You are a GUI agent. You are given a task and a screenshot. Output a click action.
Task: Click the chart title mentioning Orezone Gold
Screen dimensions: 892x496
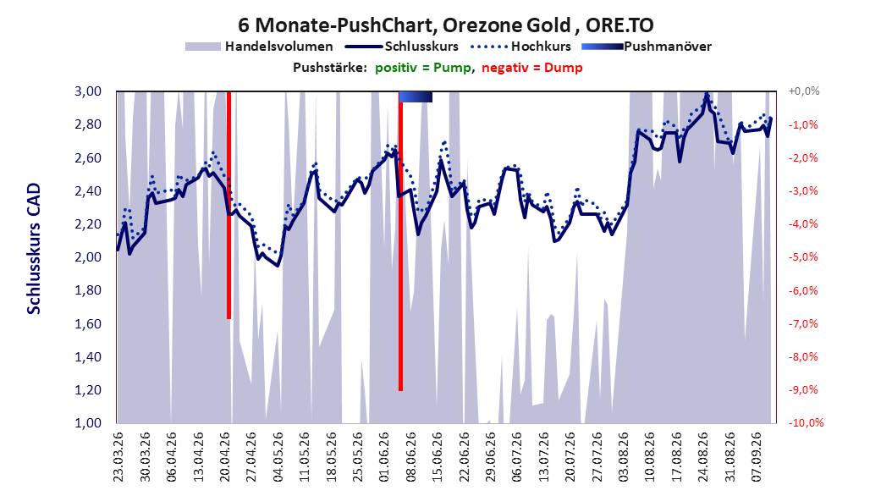445,25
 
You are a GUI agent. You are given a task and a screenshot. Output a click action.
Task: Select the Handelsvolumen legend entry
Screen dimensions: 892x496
260,47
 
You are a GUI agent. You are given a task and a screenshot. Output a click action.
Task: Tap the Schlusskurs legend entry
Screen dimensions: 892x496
402,47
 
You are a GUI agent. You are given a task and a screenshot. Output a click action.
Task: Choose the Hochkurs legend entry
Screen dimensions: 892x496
520,47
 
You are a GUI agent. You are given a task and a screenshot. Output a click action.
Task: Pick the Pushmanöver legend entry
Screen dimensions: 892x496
647,47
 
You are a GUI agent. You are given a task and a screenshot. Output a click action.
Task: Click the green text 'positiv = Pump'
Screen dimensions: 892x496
422,68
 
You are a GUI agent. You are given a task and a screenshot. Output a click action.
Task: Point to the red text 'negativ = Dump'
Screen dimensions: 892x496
532,68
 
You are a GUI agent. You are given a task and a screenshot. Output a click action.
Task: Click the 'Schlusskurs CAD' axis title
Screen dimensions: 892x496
34,248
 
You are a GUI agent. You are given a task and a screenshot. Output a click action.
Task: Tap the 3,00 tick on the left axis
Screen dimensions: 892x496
88,91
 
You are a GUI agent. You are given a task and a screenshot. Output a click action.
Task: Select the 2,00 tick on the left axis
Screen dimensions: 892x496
88,257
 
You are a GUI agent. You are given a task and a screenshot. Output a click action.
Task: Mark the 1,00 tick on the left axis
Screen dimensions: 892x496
88,422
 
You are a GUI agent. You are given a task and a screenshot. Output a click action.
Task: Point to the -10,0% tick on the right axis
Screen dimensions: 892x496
806,422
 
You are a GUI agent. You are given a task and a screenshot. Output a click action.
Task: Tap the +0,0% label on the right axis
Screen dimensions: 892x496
803,91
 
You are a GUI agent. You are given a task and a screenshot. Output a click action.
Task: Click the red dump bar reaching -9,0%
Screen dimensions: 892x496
400,241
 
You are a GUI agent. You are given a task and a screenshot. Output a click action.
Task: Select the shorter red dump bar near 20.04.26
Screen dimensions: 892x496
229,206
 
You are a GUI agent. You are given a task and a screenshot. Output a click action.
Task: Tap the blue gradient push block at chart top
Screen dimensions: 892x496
416,96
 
